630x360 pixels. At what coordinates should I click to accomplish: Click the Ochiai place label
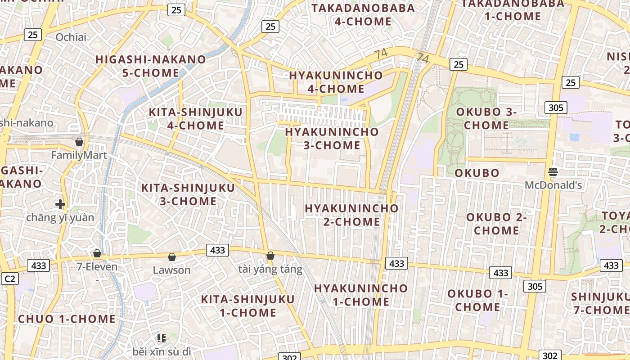pos(71,37)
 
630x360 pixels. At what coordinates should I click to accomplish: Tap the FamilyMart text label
pos(79,155)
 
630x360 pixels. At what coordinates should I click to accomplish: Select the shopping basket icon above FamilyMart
pos(79,142)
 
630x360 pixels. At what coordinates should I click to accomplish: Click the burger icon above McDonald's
pos(553,171)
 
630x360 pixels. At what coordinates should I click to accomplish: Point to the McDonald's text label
pos(553,185)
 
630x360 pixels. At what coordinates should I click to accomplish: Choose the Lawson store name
pos(171,270)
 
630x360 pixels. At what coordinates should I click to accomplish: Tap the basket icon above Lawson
pos(171,257)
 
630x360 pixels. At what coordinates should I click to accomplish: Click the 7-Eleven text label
pos(97,266)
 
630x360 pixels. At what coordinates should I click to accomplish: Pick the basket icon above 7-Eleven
pos(97,253)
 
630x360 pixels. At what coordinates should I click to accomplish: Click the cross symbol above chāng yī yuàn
pos(60,204)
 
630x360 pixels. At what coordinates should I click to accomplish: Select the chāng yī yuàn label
pos(60,218)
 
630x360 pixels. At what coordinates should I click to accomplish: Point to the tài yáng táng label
pos(270,269)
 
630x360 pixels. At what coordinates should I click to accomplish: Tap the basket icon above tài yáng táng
pos(270,256)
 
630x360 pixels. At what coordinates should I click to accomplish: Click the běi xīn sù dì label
pos(162,351)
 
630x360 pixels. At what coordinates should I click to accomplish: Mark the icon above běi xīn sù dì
pos(162,338)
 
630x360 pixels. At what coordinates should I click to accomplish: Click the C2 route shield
pos(9,279)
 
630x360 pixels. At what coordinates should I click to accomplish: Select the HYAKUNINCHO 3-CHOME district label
pos(332,139)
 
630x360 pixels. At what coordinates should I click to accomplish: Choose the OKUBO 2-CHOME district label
pos(496,224)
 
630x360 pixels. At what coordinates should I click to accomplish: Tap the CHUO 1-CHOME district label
pos(67,319)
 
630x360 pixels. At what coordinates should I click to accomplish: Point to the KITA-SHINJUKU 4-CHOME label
pos(195,119)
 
